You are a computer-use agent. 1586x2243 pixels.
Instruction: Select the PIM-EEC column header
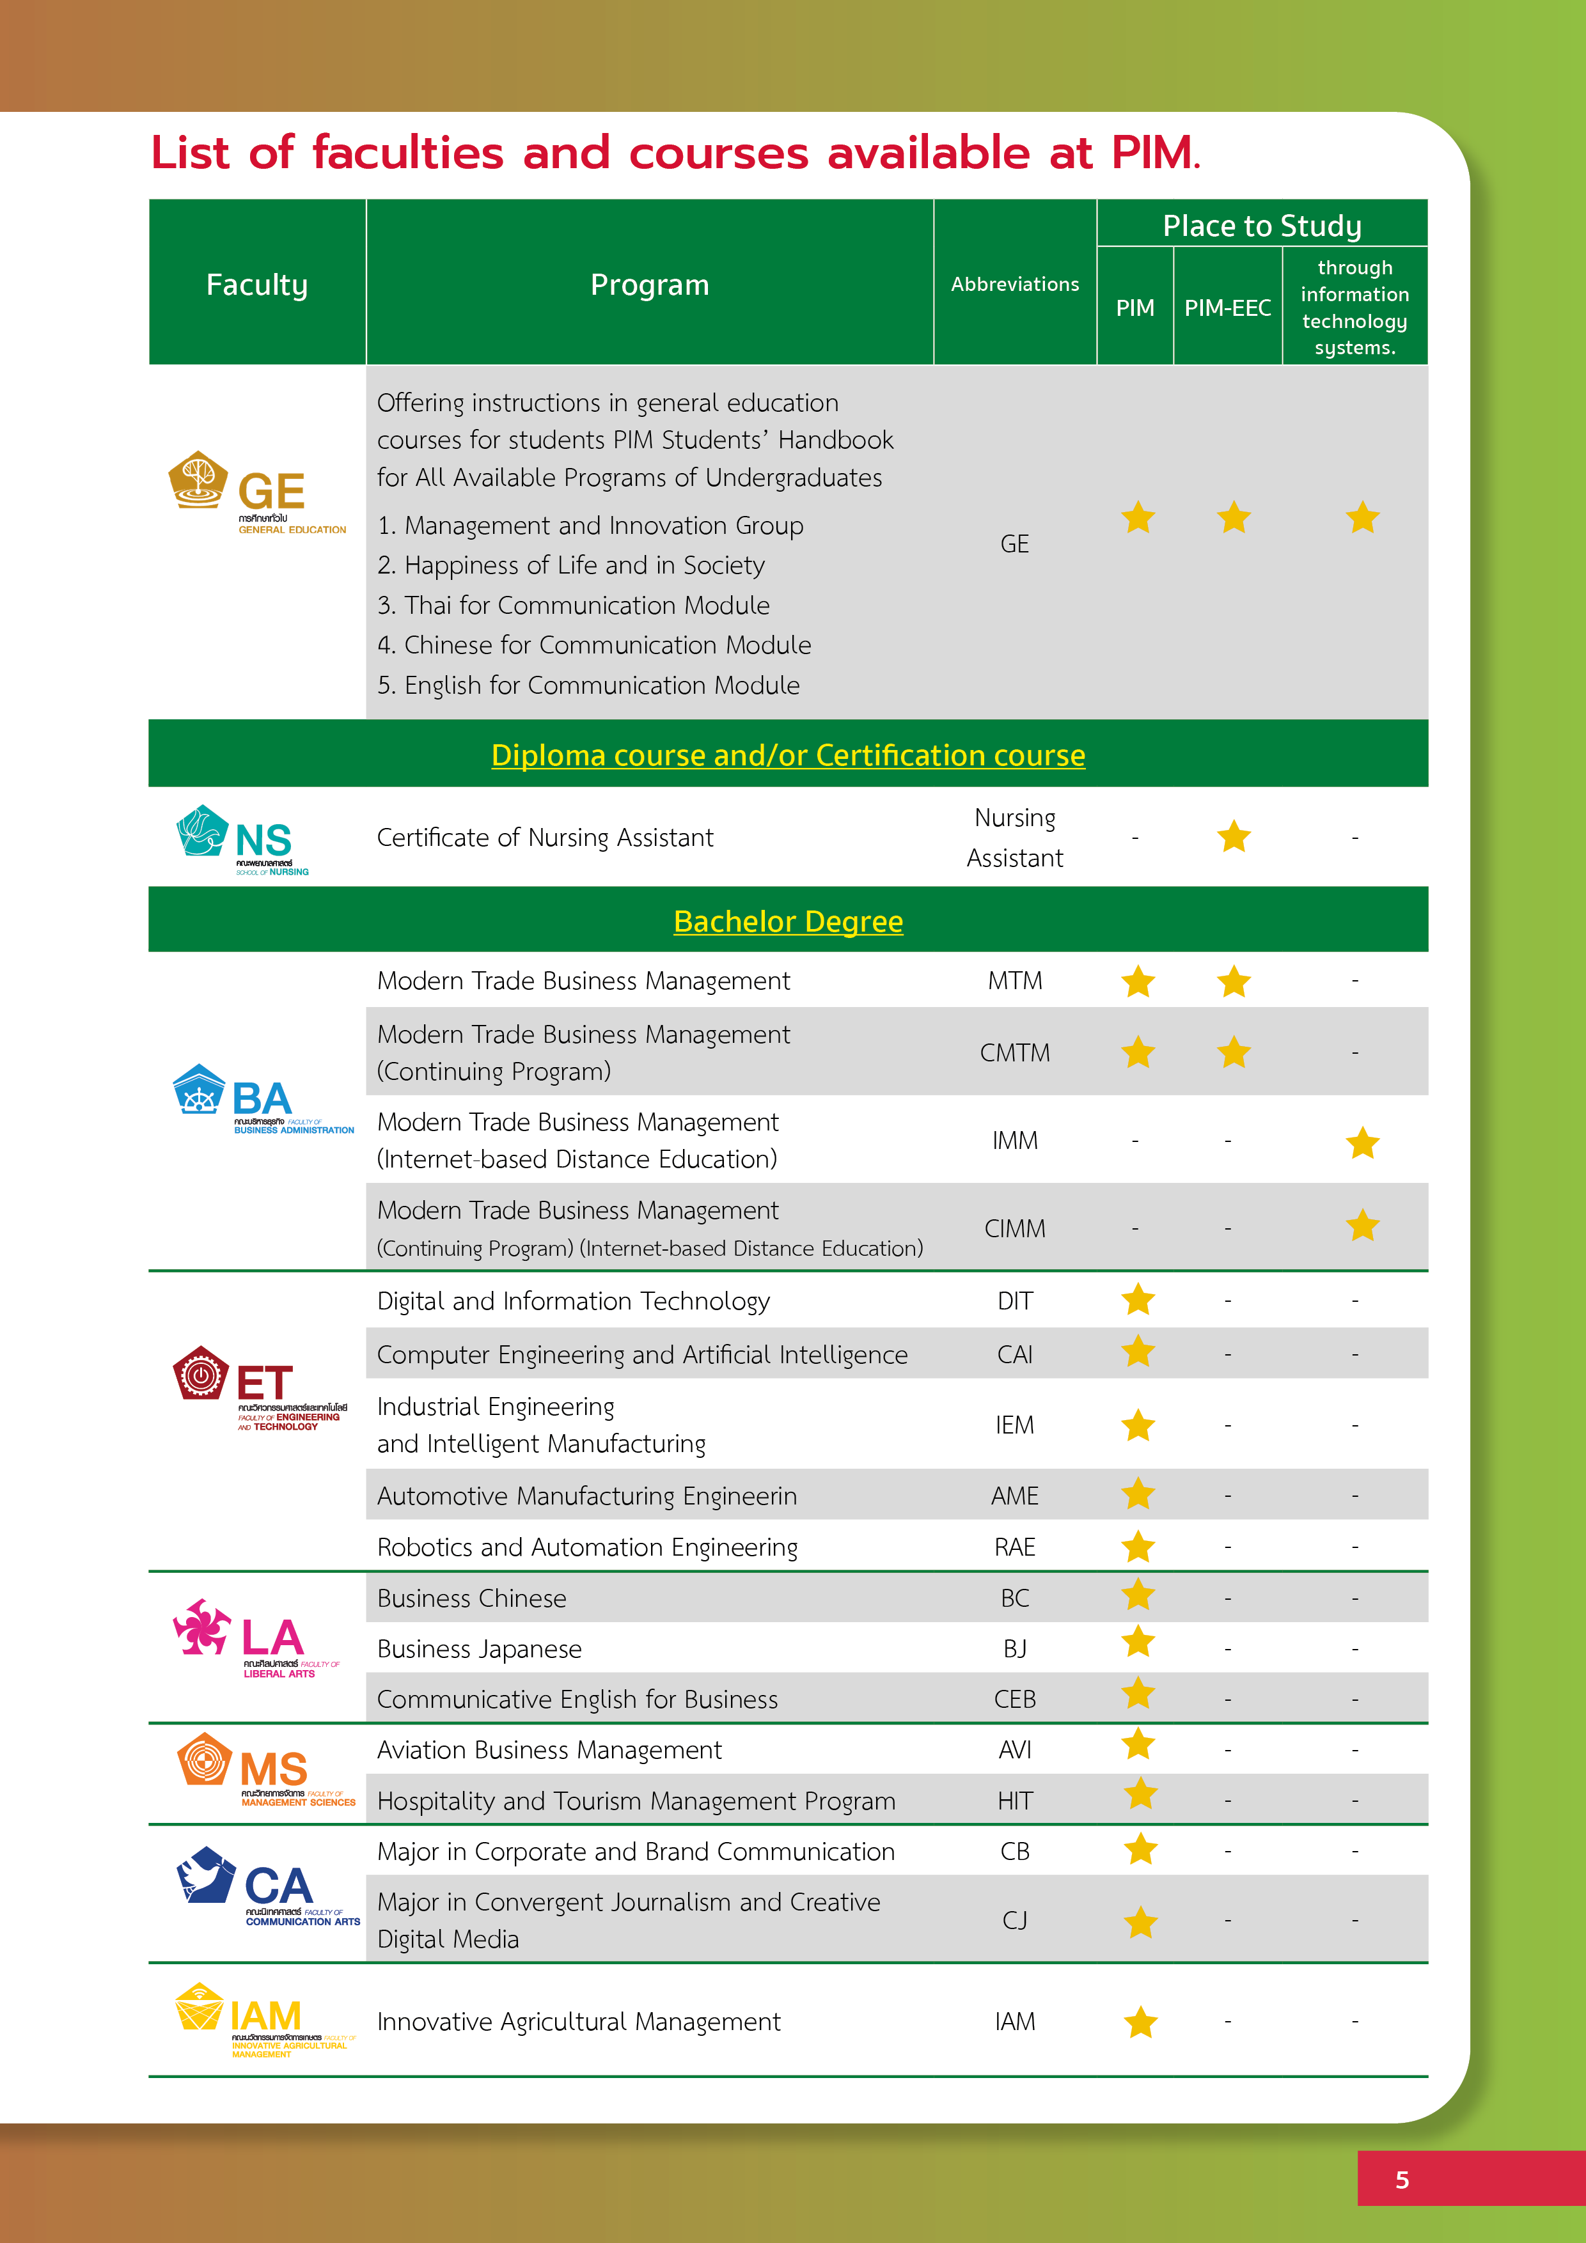pos(1227,308)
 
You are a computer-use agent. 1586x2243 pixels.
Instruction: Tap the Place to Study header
pos(1262,226)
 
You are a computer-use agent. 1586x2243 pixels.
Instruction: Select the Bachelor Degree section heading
pos(788,921)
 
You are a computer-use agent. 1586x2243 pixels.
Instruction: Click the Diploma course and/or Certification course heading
pos(788,755)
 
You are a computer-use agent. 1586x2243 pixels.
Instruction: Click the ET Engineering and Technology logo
pos(259,1387)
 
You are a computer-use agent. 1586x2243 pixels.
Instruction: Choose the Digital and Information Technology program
pos(574,1301)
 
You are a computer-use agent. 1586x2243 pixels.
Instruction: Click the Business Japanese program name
pos(479,1649)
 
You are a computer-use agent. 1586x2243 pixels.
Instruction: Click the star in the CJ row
pos(1140,1923)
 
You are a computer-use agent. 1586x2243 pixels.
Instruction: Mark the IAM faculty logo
pos(264,2019)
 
